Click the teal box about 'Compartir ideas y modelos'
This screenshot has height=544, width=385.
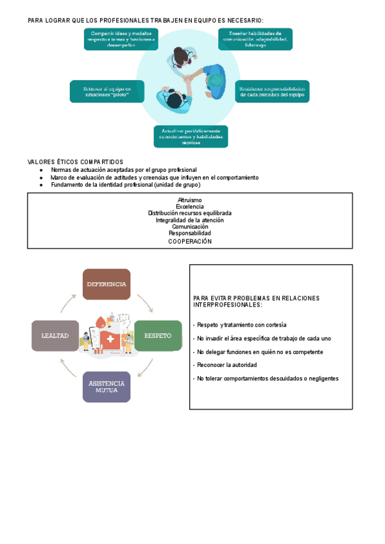point(121,39)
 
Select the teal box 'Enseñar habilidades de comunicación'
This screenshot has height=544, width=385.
point(255,39)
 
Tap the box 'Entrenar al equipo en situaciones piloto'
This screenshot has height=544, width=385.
point(106,91)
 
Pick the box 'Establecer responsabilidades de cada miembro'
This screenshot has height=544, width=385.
point(272,91)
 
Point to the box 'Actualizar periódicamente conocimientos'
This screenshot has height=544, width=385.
point(191,136)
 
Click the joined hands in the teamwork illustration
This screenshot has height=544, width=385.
point(190,78)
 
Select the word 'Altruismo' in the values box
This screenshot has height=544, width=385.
point(190,200)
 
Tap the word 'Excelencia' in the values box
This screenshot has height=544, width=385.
point(190,207)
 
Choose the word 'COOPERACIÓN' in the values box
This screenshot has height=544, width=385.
point(190,242)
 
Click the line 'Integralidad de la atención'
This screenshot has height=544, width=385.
point(190,220)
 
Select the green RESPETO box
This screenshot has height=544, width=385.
point(158,336)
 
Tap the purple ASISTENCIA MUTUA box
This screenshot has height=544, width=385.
point(107,386)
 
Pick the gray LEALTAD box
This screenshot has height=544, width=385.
point(55,336)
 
